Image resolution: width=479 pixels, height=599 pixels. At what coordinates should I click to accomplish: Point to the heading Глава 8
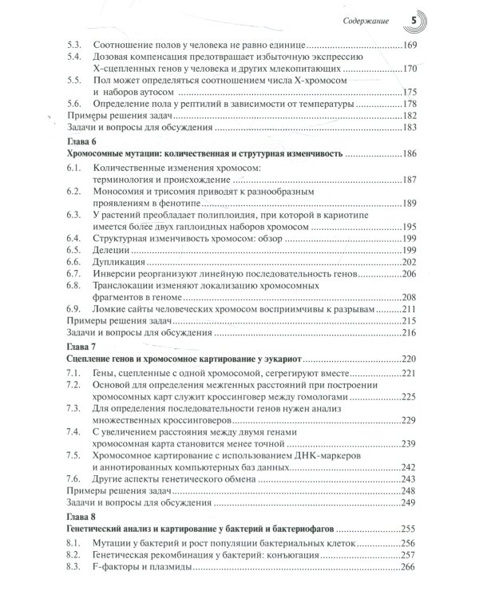coord(78,516)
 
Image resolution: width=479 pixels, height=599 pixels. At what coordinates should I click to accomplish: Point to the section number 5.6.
coord(73,103)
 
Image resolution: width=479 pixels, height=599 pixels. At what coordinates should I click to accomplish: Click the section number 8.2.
coord(73,554)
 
